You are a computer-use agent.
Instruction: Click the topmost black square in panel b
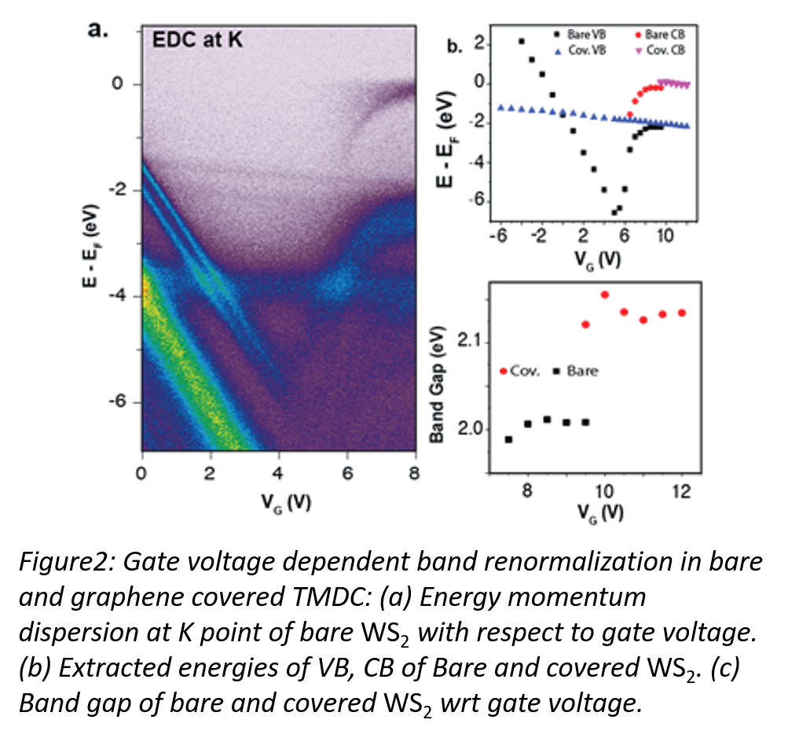point(522,41)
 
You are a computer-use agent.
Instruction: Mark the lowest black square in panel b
point(614,212)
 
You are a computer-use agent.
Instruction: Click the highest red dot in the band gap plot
point(605,294)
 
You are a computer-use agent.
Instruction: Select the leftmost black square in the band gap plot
point(508,439)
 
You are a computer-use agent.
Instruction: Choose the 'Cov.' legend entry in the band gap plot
point(519,371)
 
